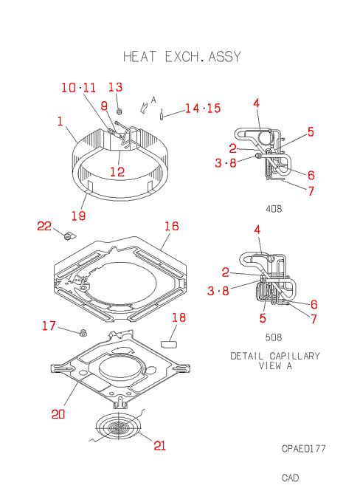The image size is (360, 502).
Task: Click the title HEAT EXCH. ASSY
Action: [181, 57]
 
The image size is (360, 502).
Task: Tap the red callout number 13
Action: [115, 87]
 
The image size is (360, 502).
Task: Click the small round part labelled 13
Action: [119, 111]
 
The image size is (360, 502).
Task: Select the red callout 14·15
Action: [203, 109]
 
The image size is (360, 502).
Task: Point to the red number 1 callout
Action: [60, 121]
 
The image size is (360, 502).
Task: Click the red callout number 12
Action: [117, 172]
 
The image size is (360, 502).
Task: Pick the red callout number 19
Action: [78, 216]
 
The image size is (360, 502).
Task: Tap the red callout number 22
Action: [44, 226]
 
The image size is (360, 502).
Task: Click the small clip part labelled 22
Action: [69, 236]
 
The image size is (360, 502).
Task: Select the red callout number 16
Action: [172, 226]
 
